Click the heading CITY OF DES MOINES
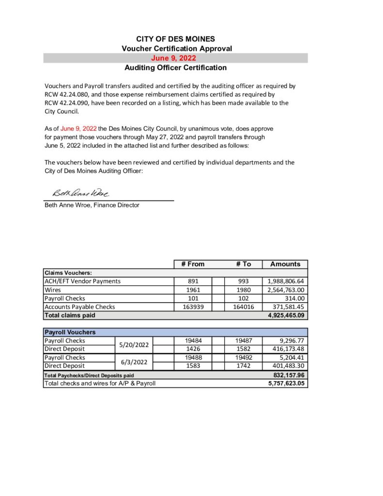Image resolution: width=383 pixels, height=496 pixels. tap(175, 39)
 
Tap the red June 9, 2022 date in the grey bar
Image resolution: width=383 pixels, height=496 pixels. tap(175, 58)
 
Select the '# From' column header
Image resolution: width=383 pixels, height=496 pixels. tap(193, 264)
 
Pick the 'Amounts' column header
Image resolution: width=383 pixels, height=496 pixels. tap(285, 264)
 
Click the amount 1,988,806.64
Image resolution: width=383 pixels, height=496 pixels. tap(285, 281)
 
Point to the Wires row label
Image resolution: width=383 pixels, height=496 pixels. tap(53, 290)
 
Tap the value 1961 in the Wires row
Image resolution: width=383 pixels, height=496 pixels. tap(193, 290)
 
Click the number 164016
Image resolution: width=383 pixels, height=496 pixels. tap(244, 307)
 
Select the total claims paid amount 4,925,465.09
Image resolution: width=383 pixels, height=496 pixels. tap(288, 315)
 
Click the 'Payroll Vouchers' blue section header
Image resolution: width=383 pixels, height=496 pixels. tap(70, 332)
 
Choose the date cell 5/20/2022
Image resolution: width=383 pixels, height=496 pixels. tap(134, 345)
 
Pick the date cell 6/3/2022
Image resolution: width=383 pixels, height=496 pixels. tap(134, 362)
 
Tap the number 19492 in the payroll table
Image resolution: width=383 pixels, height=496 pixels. tap(244, 357)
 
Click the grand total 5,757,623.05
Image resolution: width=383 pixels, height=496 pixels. tap(288, 383)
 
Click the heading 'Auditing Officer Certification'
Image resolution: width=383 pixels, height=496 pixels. tap(175, 68)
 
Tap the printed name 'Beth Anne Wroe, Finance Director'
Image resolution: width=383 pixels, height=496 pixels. tap(92, 205)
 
